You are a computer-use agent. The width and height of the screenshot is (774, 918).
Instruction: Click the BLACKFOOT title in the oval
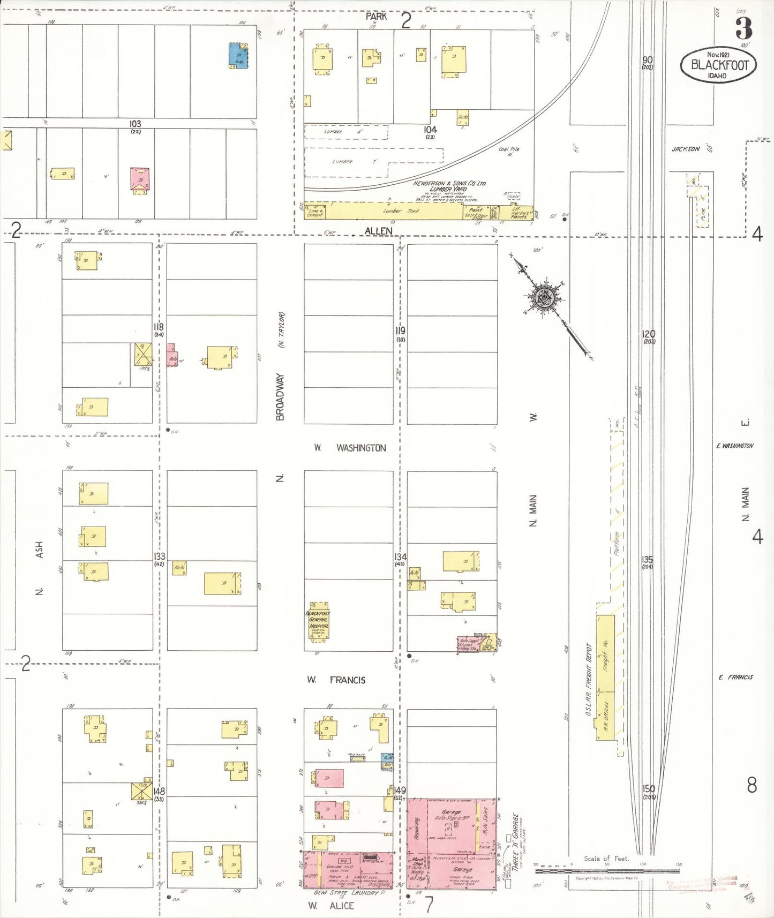719,65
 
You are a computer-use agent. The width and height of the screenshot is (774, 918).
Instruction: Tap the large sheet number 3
743,28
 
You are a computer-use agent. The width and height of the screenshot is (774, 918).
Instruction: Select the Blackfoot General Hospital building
318,621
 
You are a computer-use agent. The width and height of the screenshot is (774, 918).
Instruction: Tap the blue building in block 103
238,55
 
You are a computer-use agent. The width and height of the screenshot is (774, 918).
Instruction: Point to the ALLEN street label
378,231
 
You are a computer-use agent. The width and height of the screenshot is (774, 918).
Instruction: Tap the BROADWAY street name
280,396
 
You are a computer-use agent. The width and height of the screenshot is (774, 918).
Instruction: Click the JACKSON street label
686,149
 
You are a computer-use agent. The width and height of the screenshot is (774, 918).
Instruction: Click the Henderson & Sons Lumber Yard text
449,186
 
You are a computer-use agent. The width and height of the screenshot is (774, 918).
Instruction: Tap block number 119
400,330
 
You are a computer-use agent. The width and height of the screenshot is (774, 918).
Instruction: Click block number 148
159,791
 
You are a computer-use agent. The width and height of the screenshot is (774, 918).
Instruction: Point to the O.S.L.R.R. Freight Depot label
588,680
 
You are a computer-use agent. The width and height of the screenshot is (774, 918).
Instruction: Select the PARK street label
376,17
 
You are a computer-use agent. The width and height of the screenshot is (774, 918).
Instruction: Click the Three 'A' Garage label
516,842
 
